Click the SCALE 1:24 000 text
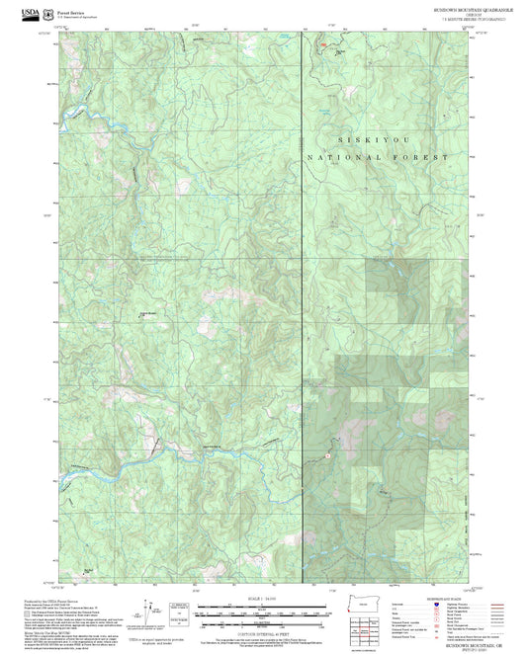point(264,599)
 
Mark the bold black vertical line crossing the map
point(300,296)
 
